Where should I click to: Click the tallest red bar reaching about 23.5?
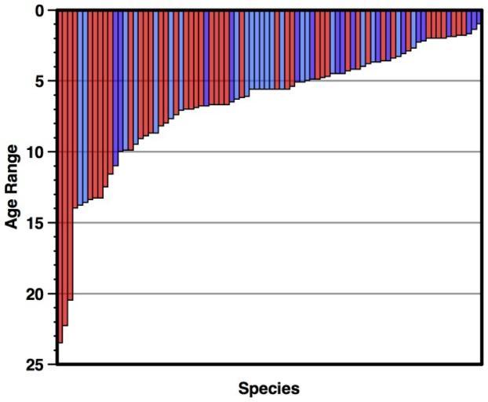(x=60, y=177)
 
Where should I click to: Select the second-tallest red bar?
(x=65, y=168)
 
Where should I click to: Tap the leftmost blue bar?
(x=75, y=109)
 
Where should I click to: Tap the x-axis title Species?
(x=268, y=388)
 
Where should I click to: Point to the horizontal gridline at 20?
(x=275, y=294)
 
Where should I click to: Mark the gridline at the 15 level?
(x=275, y=223)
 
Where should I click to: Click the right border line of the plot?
(x=480, y=236)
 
